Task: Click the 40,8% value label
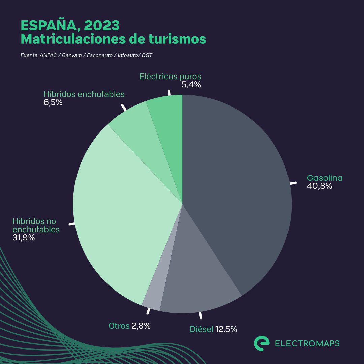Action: [320, 186]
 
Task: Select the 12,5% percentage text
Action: [226, 329]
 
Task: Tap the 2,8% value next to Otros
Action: [141, 326]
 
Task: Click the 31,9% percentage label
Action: [24, 238]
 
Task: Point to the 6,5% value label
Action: [53, 102]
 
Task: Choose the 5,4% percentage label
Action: [191, 85]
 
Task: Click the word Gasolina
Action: [325, 178]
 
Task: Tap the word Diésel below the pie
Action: [202, 329]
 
